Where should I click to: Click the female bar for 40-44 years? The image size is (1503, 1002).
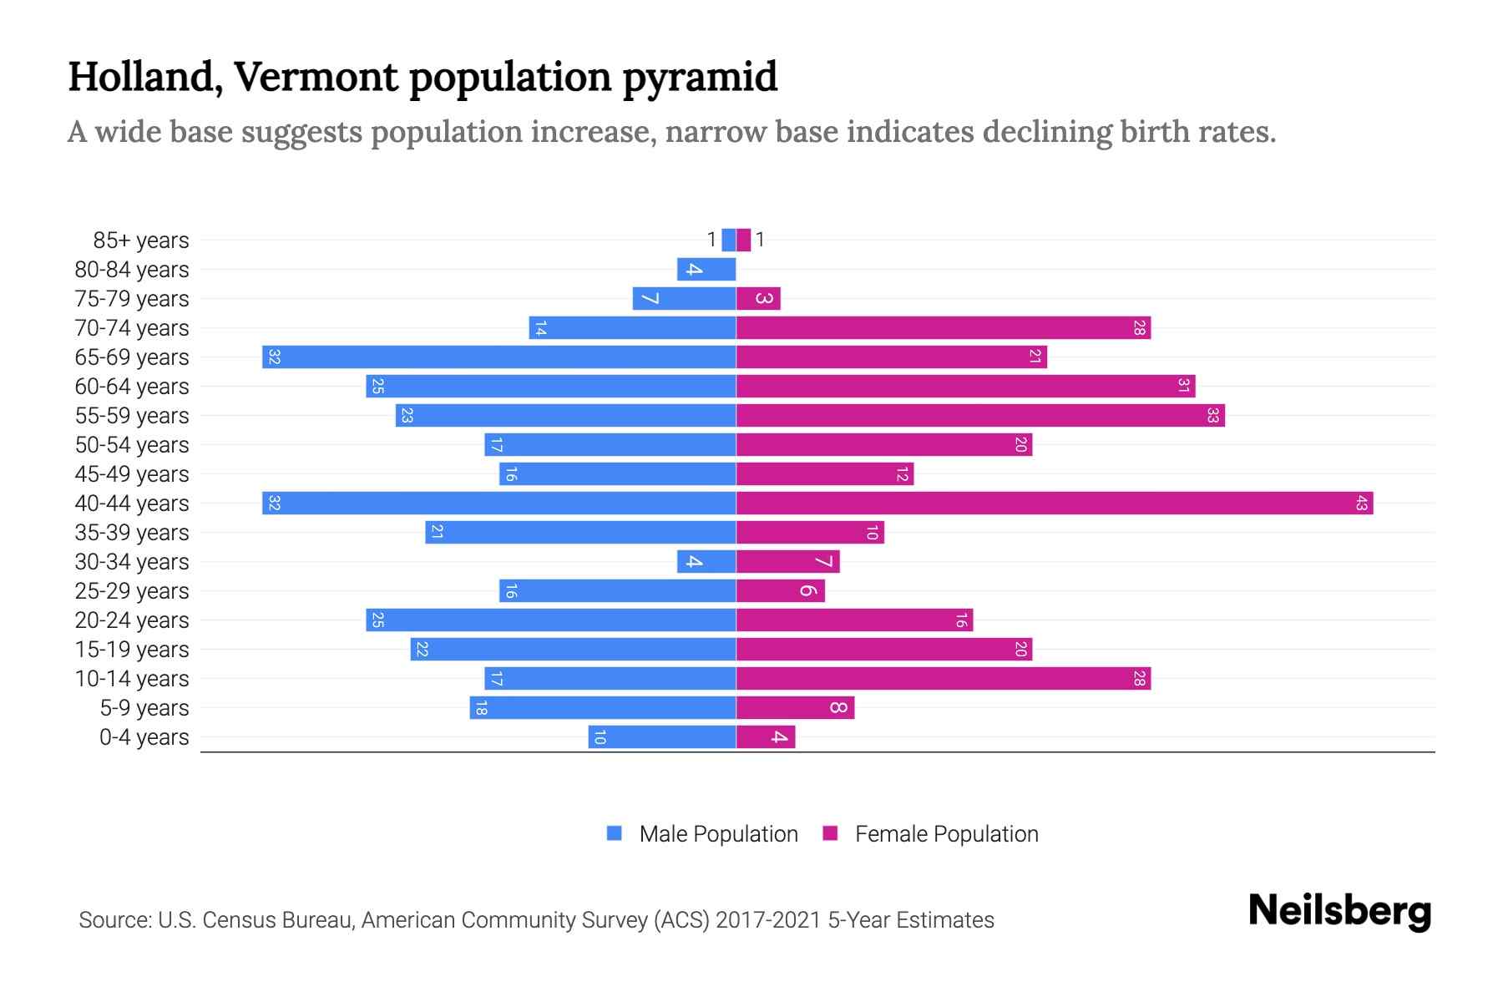pos(1054,504)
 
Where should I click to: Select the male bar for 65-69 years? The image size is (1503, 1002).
pos(499,357)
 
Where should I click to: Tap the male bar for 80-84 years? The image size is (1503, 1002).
pos(706,270)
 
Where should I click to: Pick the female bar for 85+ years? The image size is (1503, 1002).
pos(743,240)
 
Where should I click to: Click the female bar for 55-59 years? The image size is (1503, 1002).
pos(980,416)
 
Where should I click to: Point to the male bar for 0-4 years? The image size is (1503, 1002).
pos(662,737)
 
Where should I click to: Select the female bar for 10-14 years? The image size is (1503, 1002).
pos(944,679)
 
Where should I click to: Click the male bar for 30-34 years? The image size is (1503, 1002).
pos(706,562)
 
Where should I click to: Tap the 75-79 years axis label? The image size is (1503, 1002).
pos(132,299)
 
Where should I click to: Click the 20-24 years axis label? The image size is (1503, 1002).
pos(132,620)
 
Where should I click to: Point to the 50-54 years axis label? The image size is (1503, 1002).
pos(132,445)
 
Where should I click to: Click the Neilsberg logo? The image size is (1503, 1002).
pos(1339,911)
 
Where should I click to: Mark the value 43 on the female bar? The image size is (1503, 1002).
pos(1361,504)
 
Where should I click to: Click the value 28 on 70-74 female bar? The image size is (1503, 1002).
pos(1139,328)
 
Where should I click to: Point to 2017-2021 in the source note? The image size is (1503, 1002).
pos(768,920)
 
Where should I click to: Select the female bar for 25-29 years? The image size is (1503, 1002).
pos(780,591)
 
